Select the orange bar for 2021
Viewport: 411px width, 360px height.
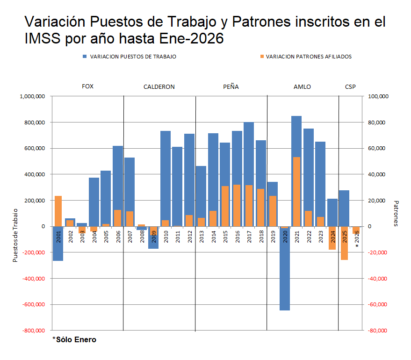point(296,192)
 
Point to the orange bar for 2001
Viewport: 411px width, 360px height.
point(58,210)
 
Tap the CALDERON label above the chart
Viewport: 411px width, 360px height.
point(159,87)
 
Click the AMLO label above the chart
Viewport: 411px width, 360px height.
point(302,87)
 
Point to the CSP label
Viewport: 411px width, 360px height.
point(350,87)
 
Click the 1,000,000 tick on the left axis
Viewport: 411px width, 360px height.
point(32,96)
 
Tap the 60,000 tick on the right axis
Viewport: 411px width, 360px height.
point(378,149)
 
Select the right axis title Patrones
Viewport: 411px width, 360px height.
point(396,214)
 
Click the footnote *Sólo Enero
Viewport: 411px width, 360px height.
point(74,340)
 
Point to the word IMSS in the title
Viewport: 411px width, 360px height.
point(43,39)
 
